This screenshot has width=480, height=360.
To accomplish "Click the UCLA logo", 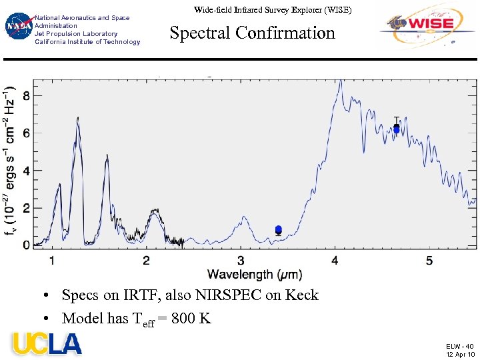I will [46, 343].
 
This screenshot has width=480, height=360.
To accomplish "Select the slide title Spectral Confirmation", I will [252, 33].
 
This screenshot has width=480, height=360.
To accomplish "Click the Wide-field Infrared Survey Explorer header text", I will [273, 10].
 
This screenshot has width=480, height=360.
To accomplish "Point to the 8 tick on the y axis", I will [26, 96].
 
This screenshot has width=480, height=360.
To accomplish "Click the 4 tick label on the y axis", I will [26, 171].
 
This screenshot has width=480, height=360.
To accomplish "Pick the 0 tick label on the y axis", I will [26, 246].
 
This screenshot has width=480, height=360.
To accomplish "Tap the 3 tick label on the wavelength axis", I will [241, 261].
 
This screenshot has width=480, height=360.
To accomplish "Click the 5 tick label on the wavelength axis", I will [429, 261].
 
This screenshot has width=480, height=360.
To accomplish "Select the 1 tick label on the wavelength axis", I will [52, 261].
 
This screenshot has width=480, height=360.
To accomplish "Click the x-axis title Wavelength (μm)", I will [255, 274].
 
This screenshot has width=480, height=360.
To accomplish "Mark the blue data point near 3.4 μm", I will [278, 229].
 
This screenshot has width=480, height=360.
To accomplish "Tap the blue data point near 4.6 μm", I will [396, 129].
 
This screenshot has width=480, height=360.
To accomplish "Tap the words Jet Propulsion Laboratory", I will [76, 34].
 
